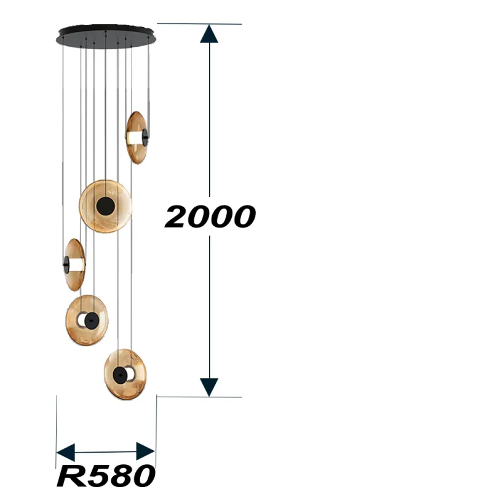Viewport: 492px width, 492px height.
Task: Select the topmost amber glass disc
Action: tap(135, 137)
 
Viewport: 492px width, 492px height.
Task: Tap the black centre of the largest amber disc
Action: tap(105, 206)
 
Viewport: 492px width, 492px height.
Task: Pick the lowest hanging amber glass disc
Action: tap(125, 375)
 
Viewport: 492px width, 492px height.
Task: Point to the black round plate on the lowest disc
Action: tap(119, 374)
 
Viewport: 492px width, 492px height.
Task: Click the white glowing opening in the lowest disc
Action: tap(130, 373)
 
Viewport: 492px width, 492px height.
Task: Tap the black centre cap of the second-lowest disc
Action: tap(92, 319)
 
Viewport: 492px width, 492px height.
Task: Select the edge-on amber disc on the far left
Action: tap(74, 264)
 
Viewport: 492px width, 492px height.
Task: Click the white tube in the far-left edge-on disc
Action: tap(76, 264)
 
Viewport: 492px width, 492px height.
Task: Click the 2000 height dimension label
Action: tap(210, 216)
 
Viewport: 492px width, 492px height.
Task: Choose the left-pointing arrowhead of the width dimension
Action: tap(65, 451)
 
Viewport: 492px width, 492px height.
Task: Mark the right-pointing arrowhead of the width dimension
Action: tap(146, 451)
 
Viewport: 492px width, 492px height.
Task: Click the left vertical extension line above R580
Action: tap(57, 424)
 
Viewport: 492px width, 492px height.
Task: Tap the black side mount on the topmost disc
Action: tap(146, 137)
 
